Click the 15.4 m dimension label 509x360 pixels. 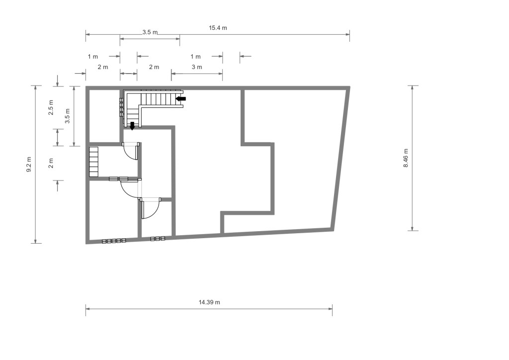point(218,28)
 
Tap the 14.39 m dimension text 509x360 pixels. point(209,302)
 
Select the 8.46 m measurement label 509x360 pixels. point(406,158)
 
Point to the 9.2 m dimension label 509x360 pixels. point(29,164)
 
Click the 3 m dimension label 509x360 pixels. point(197,67)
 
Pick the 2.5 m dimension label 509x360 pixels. point(51,107)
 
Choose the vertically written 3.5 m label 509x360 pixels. point(68,116)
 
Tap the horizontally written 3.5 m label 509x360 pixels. point(150,32)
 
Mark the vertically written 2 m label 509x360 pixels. point(51,163)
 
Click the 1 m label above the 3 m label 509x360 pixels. point(195,57)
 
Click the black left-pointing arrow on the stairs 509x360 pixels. point(181,98)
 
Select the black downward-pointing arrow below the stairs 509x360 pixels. point(132,126)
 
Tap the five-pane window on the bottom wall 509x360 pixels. point(114,241)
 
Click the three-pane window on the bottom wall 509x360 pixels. point(158,239)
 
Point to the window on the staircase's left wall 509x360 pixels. point(121,107)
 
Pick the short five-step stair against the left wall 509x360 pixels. point(93,162)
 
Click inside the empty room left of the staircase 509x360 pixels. point(104,116)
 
